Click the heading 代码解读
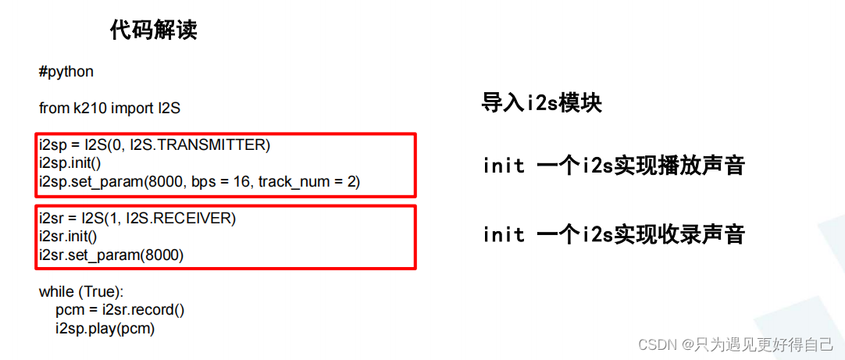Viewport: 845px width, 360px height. point(153,30)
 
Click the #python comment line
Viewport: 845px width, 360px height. point(66,72)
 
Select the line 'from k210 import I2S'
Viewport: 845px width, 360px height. point(109,109)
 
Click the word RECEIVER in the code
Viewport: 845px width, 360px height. point(194,217)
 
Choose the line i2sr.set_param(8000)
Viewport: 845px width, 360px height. point(111,255)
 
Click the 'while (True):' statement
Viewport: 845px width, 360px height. point(81,292)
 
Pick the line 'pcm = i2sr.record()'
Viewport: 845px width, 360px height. point(119,310)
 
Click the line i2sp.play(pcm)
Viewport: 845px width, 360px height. point(105,329)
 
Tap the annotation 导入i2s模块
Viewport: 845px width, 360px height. point(541,103)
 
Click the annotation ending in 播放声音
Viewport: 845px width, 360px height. point(613,166)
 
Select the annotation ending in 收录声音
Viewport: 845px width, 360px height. point(613,233)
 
